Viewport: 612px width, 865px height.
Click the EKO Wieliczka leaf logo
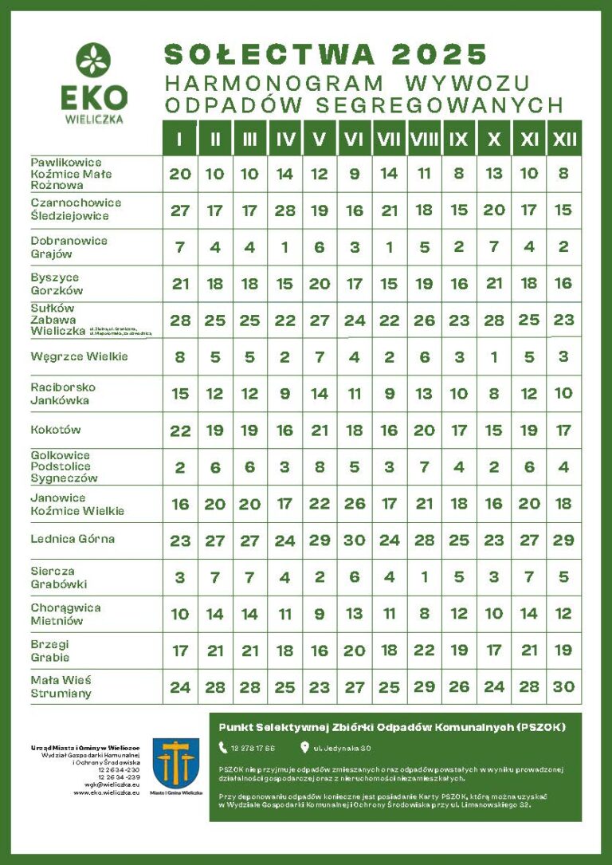click(93, 61)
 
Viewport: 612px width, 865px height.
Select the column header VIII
click(424, 140)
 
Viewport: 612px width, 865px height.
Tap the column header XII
click(564, 140)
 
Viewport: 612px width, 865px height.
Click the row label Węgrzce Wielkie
click(79, 356)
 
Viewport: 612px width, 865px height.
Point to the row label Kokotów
click(56, 430)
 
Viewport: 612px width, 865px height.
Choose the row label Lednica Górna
click(73, 539)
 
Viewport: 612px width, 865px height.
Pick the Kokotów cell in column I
click(180, 431)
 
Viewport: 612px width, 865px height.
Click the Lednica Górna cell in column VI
click(355, 540)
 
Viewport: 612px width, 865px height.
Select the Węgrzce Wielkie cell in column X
click(494, 357)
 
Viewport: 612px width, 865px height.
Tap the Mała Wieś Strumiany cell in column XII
click(564, 686)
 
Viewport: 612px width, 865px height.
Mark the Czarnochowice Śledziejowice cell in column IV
click(284, 210)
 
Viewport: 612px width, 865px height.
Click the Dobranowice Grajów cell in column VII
click(390, 247)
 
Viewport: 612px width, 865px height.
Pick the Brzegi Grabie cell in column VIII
click(424, 651)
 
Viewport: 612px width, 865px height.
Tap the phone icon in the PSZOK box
click(223, 748)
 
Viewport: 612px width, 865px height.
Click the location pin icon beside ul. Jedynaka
click(304, 748)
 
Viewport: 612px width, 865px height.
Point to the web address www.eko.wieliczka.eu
click(107, 792)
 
